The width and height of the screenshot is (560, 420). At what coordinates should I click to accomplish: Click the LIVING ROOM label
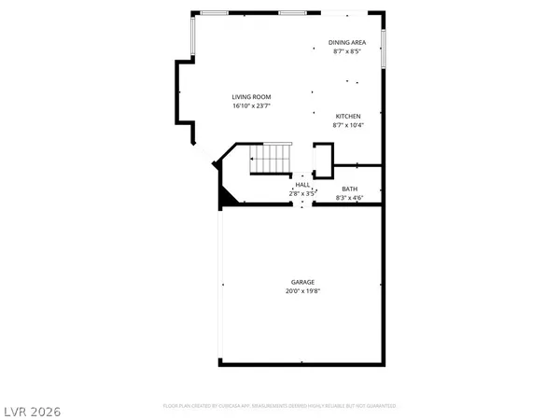[251, 96]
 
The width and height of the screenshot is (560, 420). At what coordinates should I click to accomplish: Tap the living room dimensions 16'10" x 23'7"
[251, 105]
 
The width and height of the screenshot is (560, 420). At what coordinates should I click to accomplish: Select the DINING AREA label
[346, 42]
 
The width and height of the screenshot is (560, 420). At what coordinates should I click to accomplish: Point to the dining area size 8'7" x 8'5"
[346, 51]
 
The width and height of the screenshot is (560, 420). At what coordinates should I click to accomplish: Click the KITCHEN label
[347, 116]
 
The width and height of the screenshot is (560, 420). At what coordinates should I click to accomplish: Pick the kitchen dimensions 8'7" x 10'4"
[347, 125]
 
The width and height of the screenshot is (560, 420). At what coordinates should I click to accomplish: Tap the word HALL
[302, 185]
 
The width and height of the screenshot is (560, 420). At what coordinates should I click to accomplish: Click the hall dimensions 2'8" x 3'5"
[302, 193]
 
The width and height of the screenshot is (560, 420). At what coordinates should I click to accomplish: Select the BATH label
[349, 189]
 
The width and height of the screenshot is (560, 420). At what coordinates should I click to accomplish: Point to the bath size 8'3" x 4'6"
[349, 198]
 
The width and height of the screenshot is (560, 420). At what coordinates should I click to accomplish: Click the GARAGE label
[301, 282]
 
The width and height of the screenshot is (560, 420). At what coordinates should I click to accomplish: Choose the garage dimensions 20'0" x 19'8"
[301, 291]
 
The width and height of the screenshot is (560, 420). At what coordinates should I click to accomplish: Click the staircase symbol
[271, 160]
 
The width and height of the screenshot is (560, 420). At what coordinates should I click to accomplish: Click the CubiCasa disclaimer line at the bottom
[280, 406]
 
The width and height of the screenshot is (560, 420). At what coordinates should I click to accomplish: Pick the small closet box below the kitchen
[323, 159]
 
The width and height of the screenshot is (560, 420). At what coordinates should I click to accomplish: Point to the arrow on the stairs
[254, 160]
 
